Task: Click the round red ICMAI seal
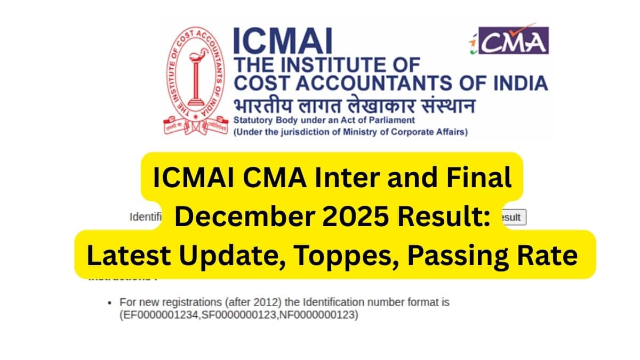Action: (x=195, y=80)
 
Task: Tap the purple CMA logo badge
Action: (x=509, y=40)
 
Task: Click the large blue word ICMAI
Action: (x=283, y=41)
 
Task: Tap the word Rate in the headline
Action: (x=551, y=256)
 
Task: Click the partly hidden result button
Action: (x=513, y=217)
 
